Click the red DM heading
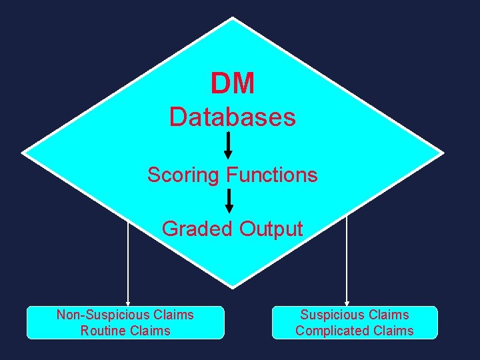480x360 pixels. [x=232, y=84]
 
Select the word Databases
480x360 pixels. [x=232, y=117]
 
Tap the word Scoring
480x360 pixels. [x=184, y=175]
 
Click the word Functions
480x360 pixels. [x=272, y=175]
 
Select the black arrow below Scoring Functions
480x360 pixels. [x=228, y=201]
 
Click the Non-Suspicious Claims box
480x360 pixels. [x=125, y=323]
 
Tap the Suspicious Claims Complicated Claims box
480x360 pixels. [x=355, y=323]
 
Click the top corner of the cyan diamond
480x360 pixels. [x=232, y=19]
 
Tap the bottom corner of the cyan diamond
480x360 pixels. [x=232, y=287]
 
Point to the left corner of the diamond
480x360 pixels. [x=23, y=153]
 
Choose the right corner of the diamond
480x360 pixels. [x=442, y=153]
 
